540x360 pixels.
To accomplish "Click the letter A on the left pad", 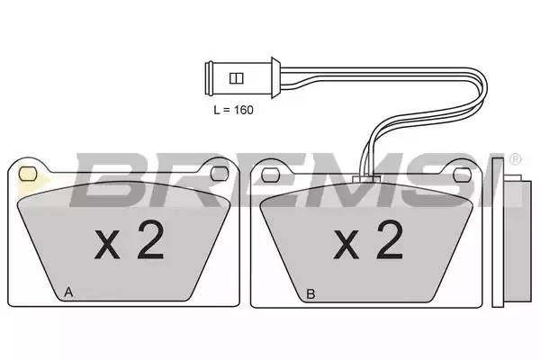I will (x=68, y=292).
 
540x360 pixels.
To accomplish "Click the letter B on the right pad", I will (x=310, y=292).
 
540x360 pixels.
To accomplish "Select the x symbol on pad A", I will (x=106, y=245).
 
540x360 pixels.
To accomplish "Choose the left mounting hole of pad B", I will (x=268, y=170).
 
